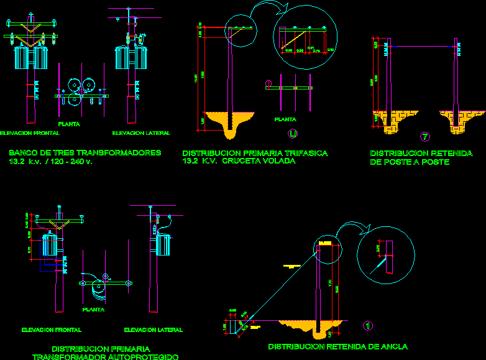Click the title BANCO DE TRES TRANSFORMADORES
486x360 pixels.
(x=85, y=152)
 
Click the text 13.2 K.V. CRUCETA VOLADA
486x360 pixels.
(x=238, y=161)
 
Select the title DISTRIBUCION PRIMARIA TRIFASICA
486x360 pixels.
(x=254, y=153)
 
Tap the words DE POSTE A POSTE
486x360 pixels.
(x=410, y=162)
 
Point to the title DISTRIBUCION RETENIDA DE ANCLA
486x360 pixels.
(x=337, y=346)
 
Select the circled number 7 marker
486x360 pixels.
(x=425, y=137)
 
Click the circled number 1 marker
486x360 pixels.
(x=367, y=325)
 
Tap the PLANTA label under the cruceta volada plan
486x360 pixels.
(x=285, y=119)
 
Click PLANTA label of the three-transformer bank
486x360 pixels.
(x=68, y=124)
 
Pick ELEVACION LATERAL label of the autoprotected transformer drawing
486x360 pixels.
(x=153, y=330)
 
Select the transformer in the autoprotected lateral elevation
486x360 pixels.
(x=164, y=244)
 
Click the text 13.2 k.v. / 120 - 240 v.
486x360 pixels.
(x=50, y=162)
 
